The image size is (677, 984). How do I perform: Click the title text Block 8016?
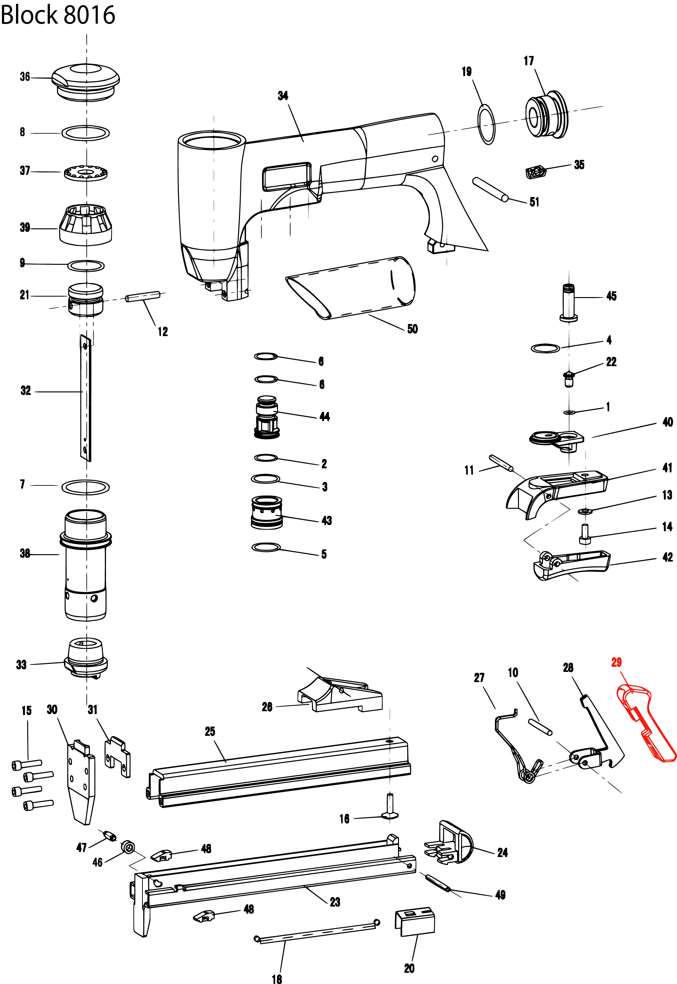pos(58,14)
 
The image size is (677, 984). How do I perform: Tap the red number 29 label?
pos(616,662)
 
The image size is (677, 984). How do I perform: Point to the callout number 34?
pos(283,96)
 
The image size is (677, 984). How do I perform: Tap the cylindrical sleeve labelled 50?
pos(352,288)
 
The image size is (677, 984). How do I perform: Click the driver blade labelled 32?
pos(86,398)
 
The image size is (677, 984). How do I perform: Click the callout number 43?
pos(326,521)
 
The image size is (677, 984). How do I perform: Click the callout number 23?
pos(335,902)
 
